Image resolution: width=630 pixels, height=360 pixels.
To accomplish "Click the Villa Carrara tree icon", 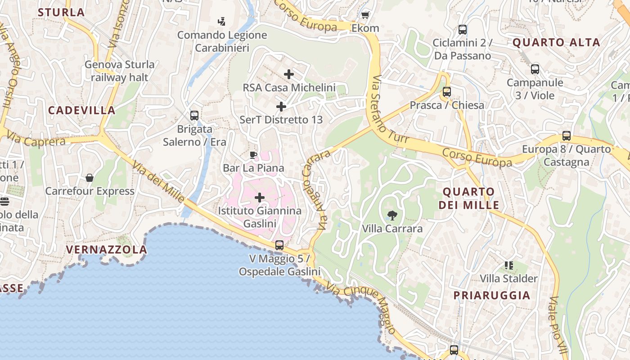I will pyautogui.click(x=392, y=215).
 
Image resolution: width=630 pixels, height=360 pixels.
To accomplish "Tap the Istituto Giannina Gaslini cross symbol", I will pyautogui.click(x=260, y=197).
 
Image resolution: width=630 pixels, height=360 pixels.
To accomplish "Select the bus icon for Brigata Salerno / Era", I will pyautogui.click(x=194, y=116).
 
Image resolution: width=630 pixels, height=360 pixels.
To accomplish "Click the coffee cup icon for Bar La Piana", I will pyautogui.click(x=253, y=155).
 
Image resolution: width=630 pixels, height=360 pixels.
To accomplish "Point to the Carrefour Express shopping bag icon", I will pyautogui.click(x=90, y=178).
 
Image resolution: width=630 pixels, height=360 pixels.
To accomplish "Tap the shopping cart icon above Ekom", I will pyautogui.click(x=365, y=15).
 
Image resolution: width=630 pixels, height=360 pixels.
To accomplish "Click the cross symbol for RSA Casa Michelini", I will pyautogui.click(x=289, y=74).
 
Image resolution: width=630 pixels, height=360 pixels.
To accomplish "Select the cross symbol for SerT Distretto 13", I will pyautogui.click(x=281, y=107).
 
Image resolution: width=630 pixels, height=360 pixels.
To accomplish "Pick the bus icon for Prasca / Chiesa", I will pyautogui.click(x=446, y=92).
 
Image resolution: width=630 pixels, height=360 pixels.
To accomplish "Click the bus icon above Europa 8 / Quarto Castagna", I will pyautogui.click(x=567, y=136).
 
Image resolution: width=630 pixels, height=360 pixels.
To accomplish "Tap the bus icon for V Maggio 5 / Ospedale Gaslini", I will pyautogui.click(x=279, y=245).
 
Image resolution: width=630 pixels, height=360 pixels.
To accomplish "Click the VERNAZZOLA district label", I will pyautogui.click(x=106, y=250).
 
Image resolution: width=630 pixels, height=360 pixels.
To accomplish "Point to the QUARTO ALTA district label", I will pyautogui.click(x=556, y=43).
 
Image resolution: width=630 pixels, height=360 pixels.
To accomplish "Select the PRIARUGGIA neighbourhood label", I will pyautogui.click(x=492, y=296).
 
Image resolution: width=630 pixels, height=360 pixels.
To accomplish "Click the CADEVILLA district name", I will pyautogui.click(x=82, y=110).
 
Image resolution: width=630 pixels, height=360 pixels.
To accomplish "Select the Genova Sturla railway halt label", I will pyautogui.click(x=119, y=71).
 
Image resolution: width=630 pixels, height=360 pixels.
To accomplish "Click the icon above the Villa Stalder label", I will pyautogui.click(x=509, y=265).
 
